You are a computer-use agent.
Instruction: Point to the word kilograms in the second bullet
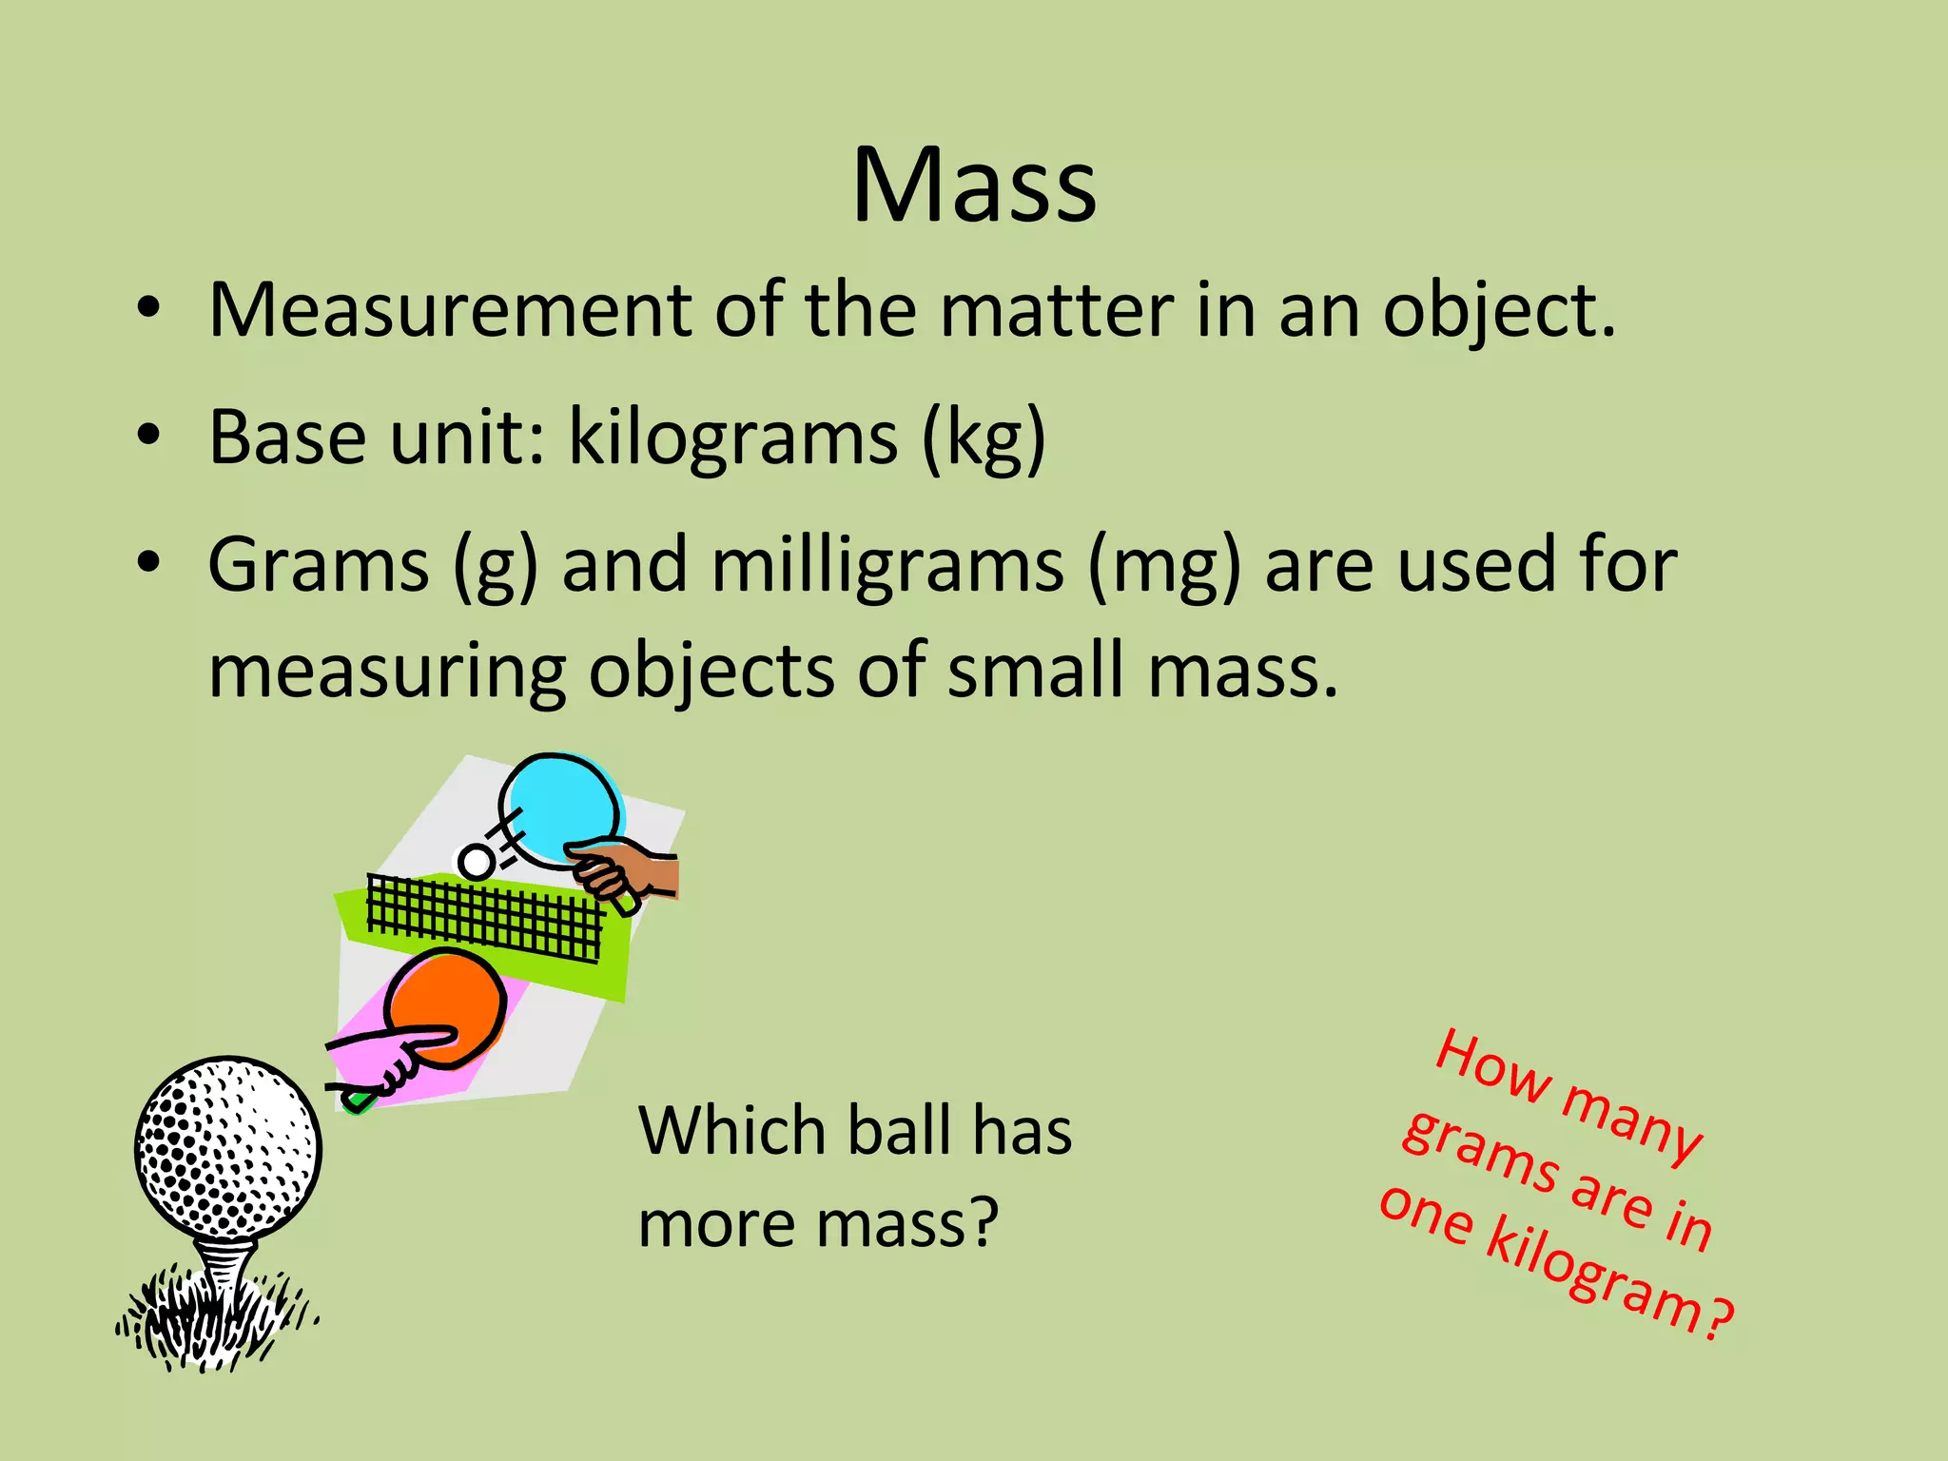pyautogui.click(x=732, y=438)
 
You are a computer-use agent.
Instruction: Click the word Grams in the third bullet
pyautogui.click(x=319, y=565)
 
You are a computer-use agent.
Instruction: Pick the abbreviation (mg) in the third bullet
pyautogui.click(x=1164, y=567)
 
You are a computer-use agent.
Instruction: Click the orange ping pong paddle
pyautogui.click(x=447, y=1003)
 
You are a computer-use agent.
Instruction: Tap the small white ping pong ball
pyautogui.click(x=476, y=862)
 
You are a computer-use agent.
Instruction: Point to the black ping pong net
pyautogui.click(x=485, y=917)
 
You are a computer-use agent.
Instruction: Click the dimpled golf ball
pyautogui.click(x=227, y=1146)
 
